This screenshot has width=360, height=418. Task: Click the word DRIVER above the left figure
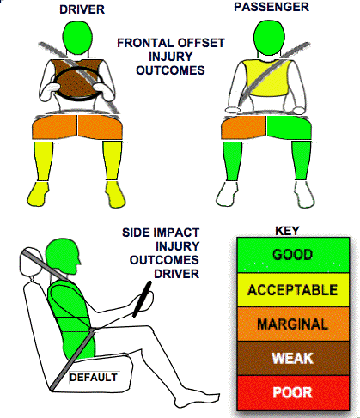click(x=82, y=9)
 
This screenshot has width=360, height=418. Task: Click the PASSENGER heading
click(x=272, y=7)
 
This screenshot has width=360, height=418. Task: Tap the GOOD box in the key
click(x=293, y=255)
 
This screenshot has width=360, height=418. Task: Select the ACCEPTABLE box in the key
click(x=293, y=290)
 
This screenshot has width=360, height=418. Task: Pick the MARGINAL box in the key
click(x=293, y=324)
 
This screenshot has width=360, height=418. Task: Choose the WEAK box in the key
click(x=293, y=358)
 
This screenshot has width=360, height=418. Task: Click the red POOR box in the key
click(x=293, y=392)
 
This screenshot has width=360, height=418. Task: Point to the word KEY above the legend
click(x=287, y=231)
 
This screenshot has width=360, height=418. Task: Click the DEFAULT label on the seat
click(x=94, y=378)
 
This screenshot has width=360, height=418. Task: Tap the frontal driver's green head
click(x=77, y=38)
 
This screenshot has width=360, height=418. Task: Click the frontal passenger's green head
click(x=269, y=37)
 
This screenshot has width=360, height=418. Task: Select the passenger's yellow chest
click(x=265, y=77)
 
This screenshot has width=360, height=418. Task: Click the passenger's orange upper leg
click(x=244, y=127)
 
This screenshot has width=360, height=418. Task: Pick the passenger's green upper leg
click(x=289, y=127)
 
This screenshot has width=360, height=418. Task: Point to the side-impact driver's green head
click(x=63, y=255)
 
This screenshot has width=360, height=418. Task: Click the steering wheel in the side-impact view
click(x=142, y=299)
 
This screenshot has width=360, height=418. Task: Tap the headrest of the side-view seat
click(x=29, y=262)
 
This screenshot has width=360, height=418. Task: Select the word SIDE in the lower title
click(x=135, y=233)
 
